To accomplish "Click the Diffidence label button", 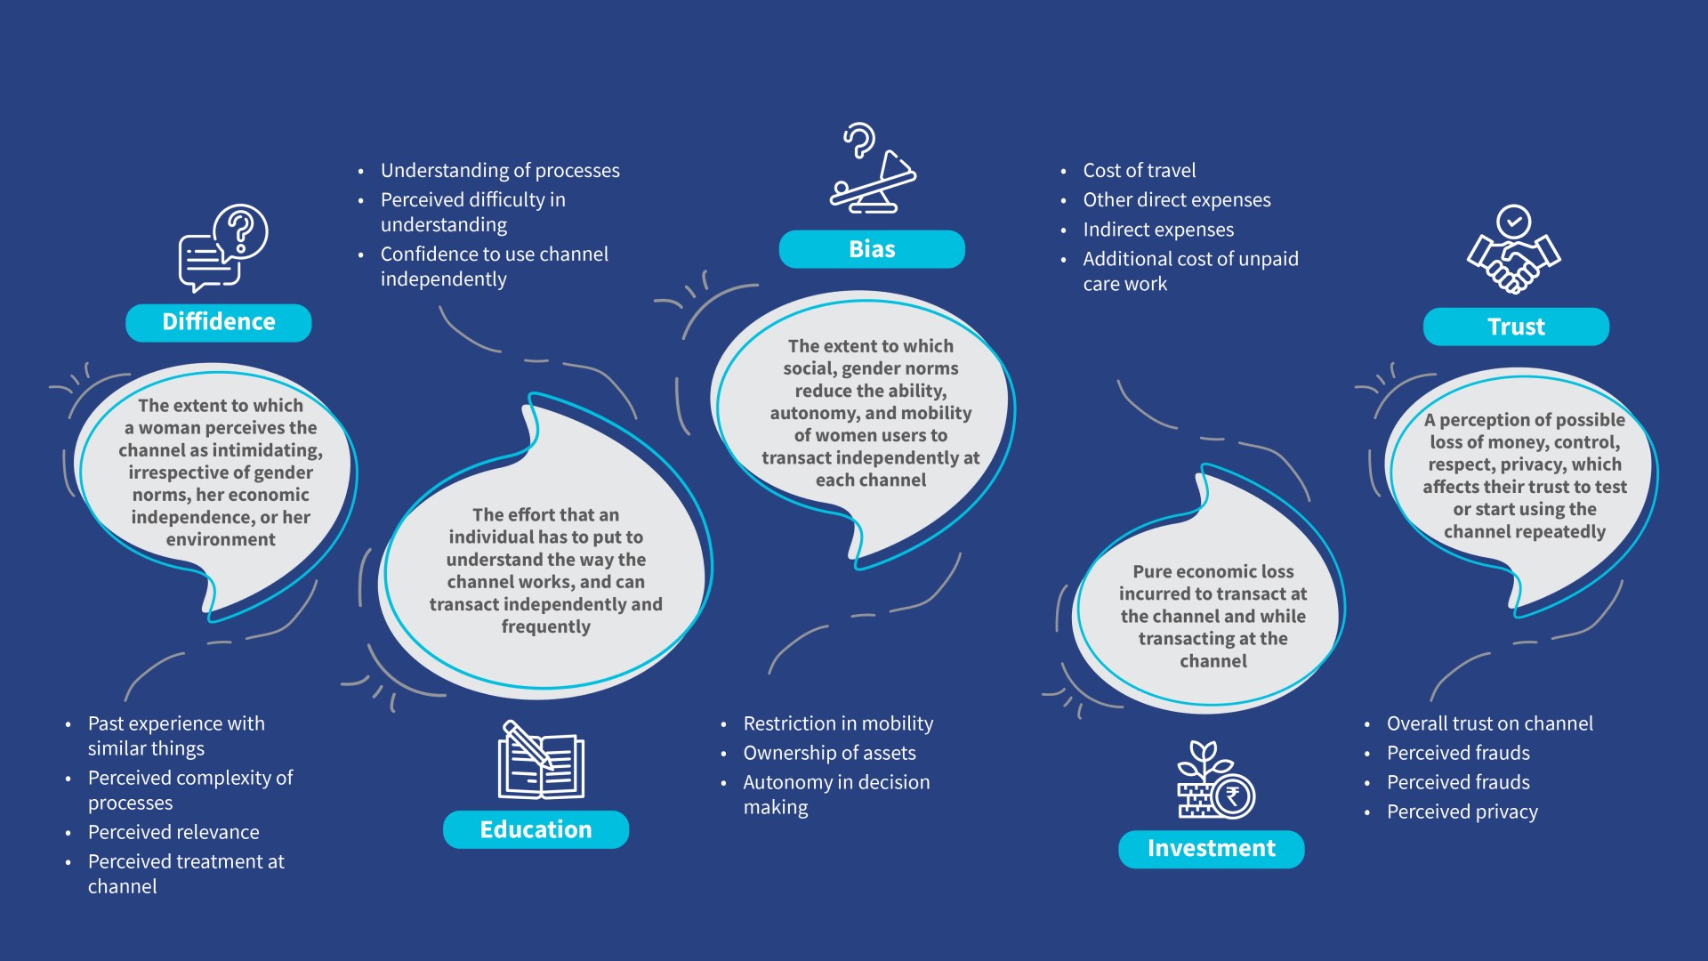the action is coord(219,322).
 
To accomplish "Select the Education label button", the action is coord(536,829).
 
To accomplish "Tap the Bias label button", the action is coord(872,249).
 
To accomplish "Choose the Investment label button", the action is coord(1212,849).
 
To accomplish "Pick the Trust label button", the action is coord(1516,327).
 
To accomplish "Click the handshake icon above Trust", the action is coord(1513,250).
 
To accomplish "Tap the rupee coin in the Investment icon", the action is coord(1233,796).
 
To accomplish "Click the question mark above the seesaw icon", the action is coord(859,141).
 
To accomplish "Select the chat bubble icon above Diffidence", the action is coord(223,248).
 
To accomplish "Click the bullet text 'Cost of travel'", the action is coord(1140,170).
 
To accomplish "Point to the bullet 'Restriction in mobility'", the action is coord(838,723).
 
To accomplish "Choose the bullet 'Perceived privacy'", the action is coord(1462,812).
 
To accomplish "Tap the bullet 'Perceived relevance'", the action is coord(173,832).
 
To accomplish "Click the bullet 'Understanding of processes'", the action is coord(500,170).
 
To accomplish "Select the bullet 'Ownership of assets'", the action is coord(829,753).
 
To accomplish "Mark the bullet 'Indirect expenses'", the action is coord(1158,230).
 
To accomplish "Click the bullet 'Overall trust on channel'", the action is coord(1490,723).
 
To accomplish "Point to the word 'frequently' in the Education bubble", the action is coord(545,626).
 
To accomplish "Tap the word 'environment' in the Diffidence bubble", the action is coord(221,539).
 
